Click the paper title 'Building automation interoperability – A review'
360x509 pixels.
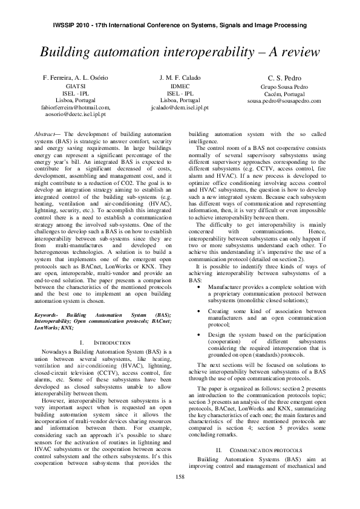(x=180, y=51)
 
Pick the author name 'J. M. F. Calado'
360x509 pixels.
(x=180, y=78)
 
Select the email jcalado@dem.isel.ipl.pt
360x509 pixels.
(x=180, y=107)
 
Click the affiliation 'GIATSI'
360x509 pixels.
(x=76, y=87)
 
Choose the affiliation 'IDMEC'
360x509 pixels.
(x=180, y=87)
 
